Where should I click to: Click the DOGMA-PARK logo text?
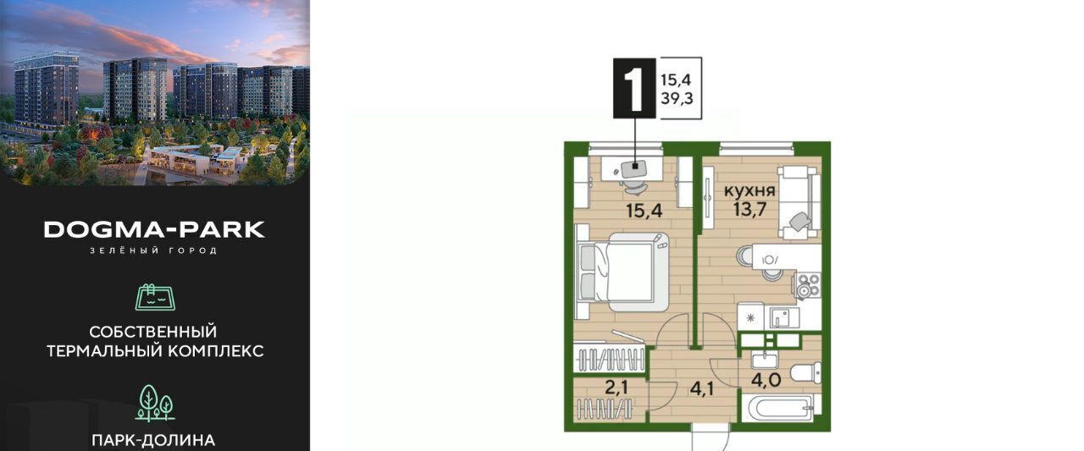pos(154,229)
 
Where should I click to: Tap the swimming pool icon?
pos(155,297)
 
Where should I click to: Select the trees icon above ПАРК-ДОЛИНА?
pos(155,403)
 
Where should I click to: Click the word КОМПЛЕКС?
pos(216,351)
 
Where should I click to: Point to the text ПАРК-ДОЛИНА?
pos(153,440)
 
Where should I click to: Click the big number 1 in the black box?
pos(634,88)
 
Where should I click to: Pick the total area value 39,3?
pos(677,99)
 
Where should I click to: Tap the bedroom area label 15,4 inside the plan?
pos(644,211)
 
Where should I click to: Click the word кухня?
pos(749,191)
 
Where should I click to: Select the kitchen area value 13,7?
pos(749,211)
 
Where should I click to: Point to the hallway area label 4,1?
pos(702,388)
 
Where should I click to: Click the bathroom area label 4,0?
pos(766,380)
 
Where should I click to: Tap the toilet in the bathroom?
pos(805,372)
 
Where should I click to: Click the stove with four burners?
pos(809,284)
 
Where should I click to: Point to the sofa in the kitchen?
pos(799,202)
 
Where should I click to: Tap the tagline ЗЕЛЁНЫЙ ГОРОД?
pos(154,250)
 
